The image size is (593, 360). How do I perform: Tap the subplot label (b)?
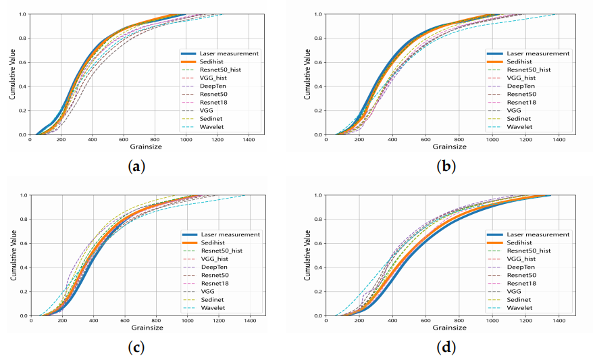click(x=444, y=165)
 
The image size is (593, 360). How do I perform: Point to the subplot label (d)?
click(x=444, y=347)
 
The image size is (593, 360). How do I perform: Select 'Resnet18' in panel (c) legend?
click(x=217, y=283)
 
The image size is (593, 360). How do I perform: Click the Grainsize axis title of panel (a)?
click(x=147, y=146)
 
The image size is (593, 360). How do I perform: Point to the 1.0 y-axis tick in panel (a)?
click(x=23, y=14)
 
